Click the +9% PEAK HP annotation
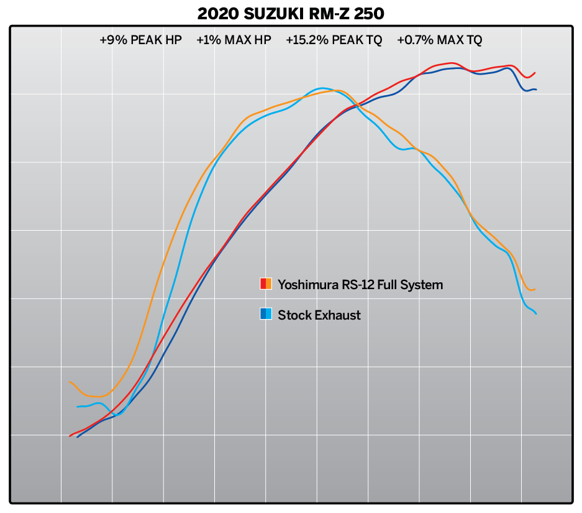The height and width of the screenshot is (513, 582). pyautogui.click(x=140, y=40)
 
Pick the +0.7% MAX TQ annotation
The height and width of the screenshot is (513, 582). pyautogui.click(x=440, y=40)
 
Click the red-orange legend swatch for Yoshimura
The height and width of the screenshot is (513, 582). pyautogui.click(x=266, y=284)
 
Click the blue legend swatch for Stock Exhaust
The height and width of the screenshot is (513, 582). pyautogui.click(x=266, y=314)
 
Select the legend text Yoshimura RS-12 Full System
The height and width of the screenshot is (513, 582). pyautogui.click(x=360, y=285)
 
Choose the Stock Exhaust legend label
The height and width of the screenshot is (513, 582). pyautogui.click(x=319, y=315)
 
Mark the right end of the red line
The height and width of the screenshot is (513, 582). pyautogui.click(x=535, y=73)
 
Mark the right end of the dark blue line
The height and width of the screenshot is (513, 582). pyautogui.click(x=536, y=90)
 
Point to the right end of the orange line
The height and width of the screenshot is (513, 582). pyautogui.click(x=535, y=289)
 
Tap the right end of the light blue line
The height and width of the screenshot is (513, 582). pyautogui.click(x=536, y=313)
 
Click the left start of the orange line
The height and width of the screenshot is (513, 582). pyautogui.click(x=70, y=382)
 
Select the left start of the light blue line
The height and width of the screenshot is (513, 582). pyautogui.click(x=78, y=407)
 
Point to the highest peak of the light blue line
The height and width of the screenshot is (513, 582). pyautogui.click(x=322, y=88)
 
